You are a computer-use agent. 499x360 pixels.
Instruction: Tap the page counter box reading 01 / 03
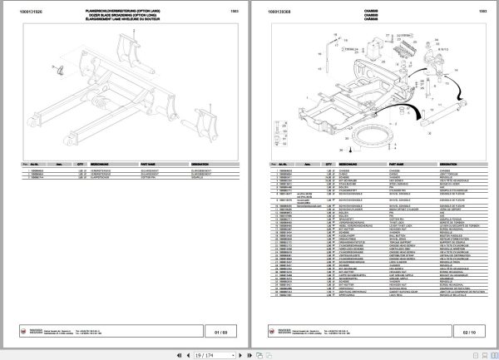[x=220, y=332]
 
